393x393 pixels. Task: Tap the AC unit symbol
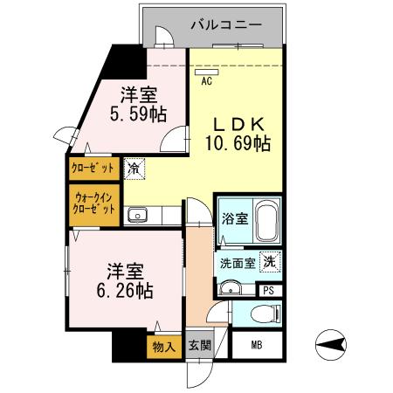pos(207,72)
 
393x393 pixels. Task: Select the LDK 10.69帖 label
pos(238,134)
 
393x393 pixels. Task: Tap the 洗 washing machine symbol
pos(270,259)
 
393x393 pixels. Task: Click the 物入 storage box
pos(162,347)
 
